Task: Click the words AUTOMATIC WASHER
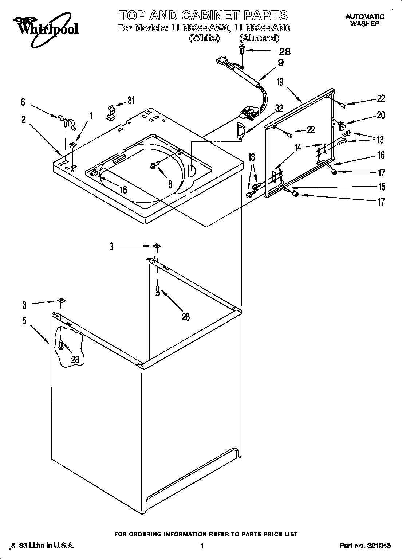tap(364, 20)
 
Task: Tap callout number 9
tap(280, 63)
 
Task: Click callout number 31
tap(131, 100)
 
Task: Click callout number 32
tap(279, 108)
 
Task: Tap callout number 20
tap(381, 115)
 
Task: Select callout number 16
tap(381, 155)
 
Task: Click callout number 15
tap(381, 187)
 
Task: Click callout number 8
tap(170, 184)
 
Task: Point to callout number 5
tap(24, 321)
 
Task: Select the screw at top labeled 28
tap(241, 49)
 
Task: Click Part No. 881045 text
tap(365, 546)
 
